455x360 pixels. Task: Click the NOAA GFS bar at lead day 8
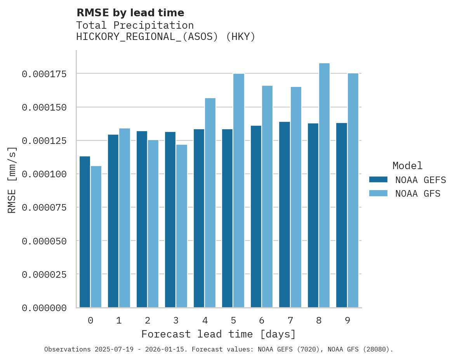[x=324, y=185]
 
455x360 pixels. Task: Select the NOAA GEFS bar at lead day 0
[x=85, y=232]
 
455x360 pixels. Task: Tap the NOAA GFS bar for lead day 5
[x=239, y=190]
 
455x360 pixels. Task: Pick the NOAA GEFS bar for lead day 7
[x=285, y=215]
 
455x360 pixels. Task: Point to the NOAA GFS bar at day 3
[x=182, y=226]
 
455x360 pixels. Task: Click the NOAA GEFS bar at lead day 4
[x=199, y=218]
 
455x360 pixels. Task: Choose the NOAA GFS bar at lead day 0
[x=96, y=237]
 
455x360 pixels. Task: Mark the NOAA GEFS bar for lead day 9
[x=342, y=215]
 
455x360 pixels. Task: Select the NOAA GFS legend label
[x=418, y=193]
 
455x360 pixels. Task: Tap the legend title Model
[x=407, y=166]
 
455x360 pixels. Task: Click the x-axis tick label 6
[x=262, y=320]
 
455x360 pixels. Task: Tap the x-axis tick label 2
[x=148, y=320]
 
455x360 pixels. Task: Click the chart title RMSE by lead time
[x=130, y=13]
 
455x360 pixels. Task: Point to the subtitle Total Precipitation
[x=135, y=25]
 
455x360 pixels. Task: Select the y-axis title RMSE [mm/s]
[x=12, y=180]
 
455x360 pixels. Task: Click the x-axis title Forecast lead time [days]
[x=219, y=334]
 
